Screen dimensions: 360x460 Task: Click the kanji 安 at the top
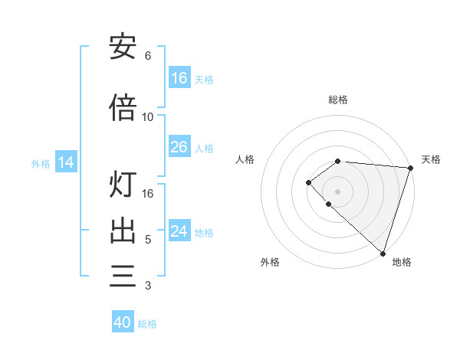click(x=123, y=47)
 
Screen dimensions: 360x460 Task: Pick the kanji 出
click(x=123, y=231)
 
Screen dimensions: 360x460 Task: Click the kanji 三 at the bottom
click(x=123, y=275)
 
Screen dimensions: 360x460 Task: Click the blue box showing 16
click(x=179, y=78)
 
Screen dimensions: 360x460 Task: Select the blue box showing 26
click(x=179, y=147)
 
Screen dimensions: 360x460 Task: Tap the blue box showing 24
click(x=179, y=231)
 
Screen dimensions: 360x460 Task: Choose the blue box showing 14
click(x=66, y=162)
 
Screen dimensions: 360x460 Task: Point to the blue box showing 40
click(x=123, y=322)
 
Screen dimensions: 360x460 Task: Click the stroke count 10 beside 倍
click(x=148, y=117)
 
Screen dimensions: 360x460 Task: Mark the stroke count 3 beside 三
click(x=148, y=286)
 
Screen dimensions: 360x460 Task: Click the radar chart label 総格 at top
click(x=338, y=100)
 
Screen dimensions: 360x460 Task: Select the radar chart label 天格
click(x=431, y=159)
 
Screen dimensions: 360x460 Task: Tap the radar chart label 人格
click(x=245, y=159)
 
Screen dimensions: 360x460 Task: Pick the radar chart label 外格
click(x=270, y=262)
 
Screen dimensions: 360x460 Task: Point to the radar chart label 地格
click(x=402, y=262)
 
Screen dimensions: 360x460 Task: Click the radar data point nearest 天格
click(x=410, y=168)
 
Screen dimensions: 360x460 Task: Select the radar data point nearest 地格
click(x=383, y=254)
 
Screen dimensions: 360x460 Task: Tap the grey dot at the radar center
click(x=338, y=191)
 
